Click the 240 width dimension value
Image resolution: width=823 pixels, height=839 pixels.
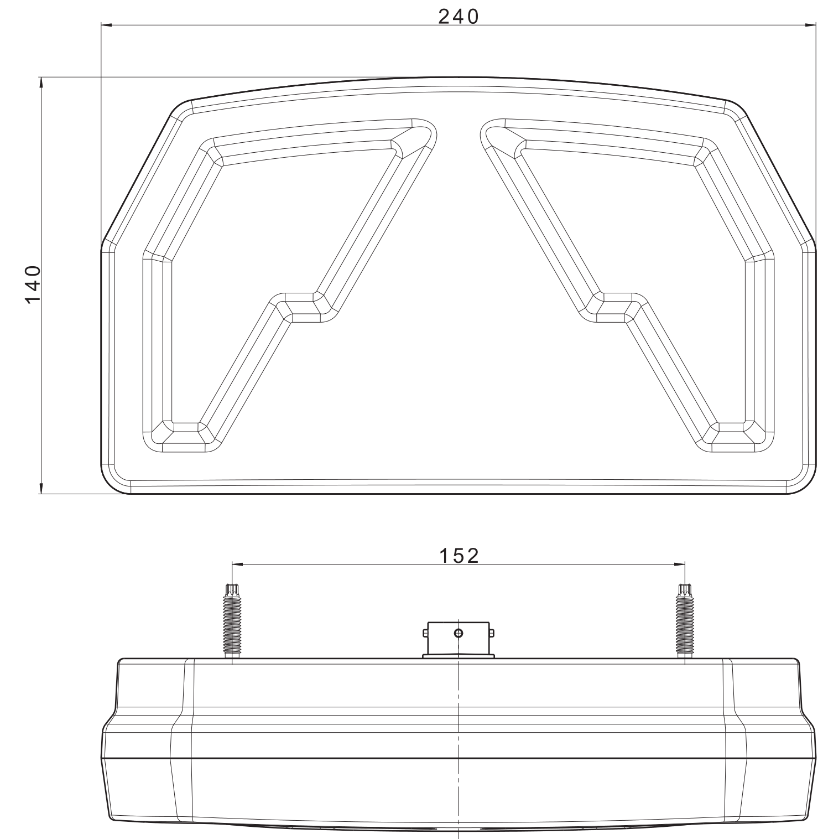(458, 17)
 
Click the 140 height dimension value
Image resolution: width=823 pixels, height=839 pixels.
(34, 284)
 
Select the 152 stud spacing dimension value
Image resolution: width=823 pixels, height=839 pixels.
(459, 555)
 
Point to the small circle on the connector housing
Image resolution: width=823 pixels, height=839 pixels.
(459, 633)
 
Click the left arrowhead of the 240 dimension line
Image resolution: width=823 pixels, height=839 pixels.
(107, 25)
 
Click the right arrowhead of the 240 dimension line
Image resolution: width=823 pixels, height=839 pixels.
(810, 25)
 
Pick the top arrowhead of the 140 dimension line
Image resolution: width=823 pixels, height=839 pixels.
(41, 83)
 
